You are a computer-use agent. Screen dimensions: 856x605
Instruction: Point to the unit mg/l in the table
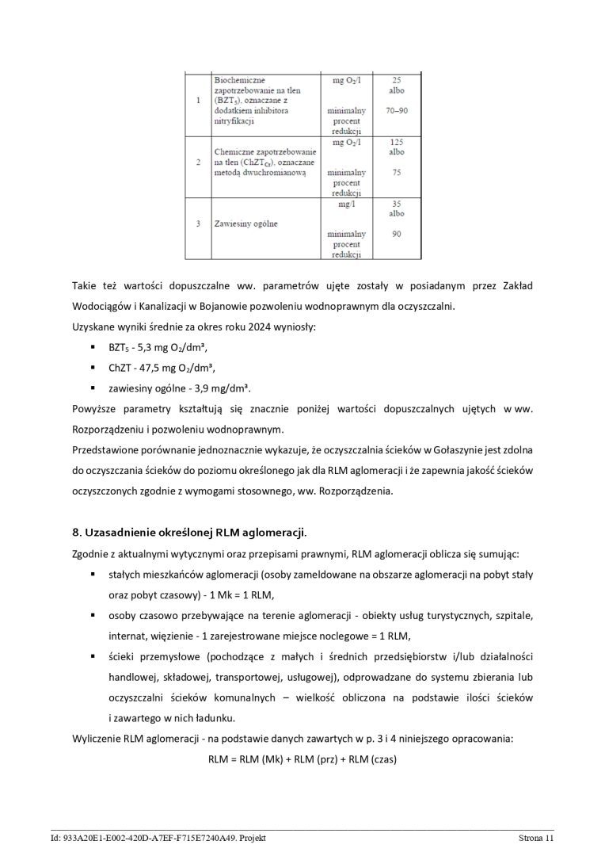coord(346,204)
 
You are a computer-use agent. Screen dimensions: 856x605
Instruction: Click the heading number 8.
coord(76,531)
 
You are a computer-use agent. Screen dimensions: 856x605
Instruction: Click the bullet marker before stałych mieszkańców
coord(93,573)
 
